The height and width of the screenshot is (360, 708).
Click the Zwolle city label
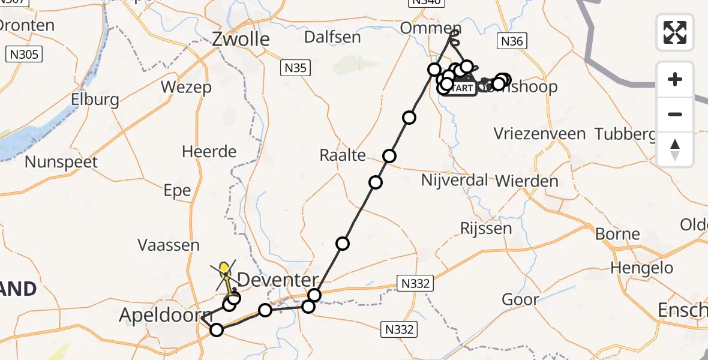tap(241, 40)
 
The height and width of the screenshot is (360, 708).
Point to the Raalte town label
tap(343, 155)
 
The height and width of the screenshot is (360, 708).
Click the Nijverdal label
tap(454, 180)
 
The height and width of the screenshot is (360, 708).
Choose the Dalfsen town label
tap(332, 37)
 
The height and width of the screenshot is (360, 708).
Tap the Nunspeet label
tap(61, 162)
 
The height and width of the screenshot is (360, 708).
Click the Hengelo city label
tap(642, 268)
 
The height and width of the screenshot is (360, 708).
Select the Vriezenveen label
tap(539, 134)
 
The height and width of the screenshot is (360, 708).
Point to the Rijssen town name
tap(486, 228)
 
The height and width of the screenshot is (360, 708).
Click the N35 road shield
tap(295, 68)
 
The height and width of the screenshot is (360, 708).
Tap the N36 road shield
tap(512, 41)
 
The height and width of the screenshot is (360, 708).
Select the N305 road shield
tap(24, 55)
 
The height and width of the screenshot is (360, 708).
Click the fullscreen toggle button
tap(675, 32)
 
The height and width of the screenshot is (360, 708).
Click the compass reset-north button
tap(675, 149)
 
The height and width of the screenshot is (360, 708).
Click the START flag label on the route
tap(461, 88)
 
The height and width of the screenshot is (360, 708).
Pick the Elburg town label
tap(94, 100)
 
